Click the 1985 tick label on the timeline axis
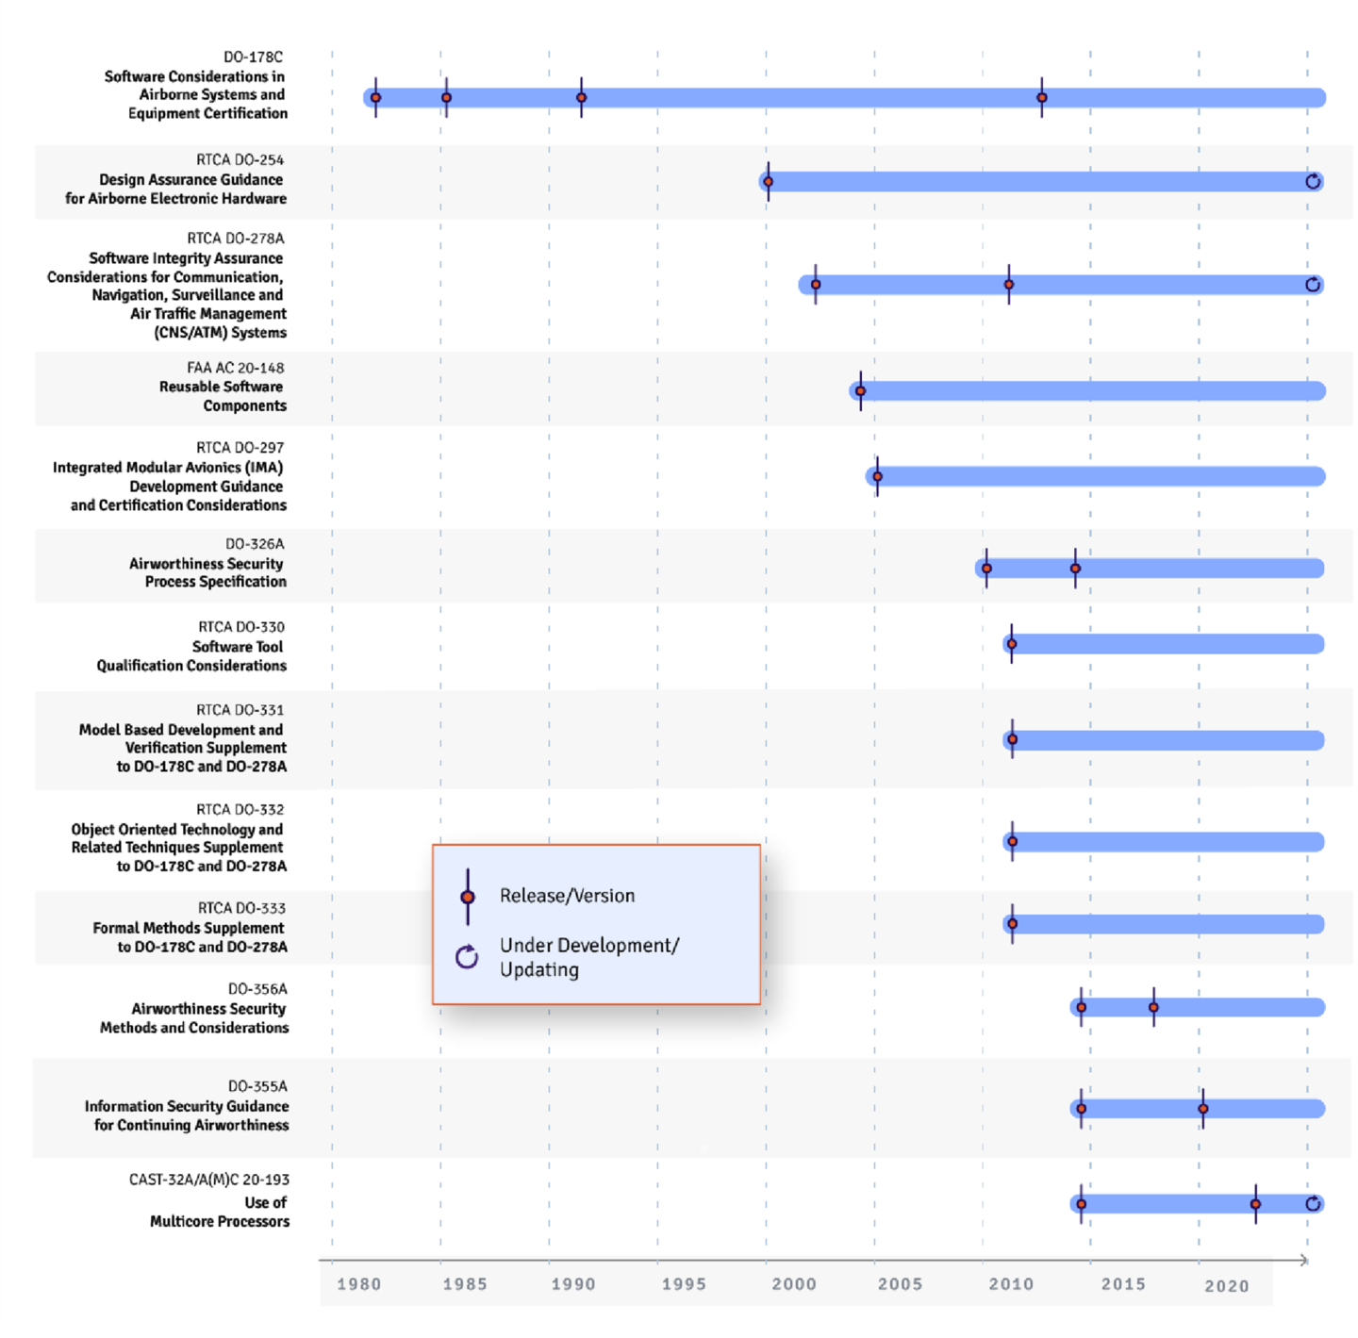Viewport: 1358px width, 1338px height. [x=465, y=1284]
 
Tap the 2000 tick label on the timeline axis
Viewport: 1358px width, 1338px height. [x=794, y=1284]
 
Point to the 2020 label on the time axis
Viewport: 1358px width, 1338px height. [x=1226, y=1286]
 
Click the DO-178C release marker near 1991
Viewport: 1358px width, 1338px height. [x=581, y=97]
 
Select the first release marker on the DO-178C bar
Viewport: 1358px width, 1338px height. [x=375, y=97]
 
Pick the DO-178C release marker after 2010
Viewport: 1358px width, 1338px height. [x=1042, y=97]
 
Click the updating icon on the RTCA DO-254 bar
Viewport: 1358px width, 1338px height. [x=1313, y=181]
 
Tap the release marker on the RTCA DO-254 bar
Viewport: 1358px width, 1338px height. [x=769, y=181]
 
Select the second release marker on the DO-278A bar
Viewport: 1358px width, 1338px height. [x=1009, y=284]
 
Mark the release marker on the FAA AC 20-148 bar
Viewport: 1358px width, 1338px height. [x=860, y=390]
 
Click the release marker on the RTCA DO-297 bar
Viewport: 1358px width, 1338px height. [x=877, y=476]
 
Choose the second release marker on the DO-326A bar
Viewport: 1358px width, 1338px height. [x=1075, y=568]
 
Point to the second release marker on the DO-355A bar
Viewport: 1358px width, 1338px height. [x=1202, y=1108]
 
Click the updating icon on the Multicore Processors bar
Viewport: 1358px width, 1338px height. [x=1313, y=1203]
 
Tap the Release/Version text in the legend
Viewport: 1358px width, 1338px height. [x=567, y=896]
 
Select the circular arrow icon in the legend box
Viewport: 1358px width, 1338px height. [x=467, y=957]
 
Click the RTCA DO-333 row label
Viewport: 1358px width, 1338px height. [x=241, y=908]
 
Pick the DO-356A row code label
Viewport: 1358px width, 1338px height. [x=257, y=989]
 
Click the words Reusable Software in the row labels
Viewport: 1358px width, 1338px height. [x=221, y=387]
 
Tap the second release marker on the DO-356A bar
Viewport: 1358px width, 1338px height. [x=1153, y=1007]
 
